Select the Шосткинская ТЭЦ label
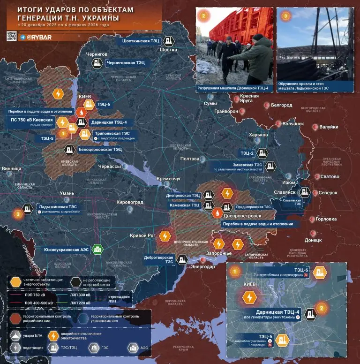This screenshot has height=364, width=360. tap(141, 41)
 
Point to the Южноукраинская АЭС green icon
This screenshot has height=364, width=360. tap(97, 249)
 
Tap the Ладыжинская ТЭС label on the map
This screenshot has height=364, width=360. tap(59, 206)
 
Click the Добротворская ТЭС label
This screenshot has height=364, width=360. tap(159, 260)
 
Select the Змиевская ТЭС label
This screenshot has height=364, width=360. tap(244, 165)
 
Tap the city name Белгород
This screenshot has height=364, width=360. tap(283, 105)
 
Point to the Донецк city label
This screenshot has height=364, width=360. tap(313, 240)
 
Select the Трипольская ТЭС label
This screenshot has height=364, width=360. tap(109, 133)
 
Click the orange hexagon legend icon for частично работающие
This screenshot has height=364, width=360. tap(16, 281)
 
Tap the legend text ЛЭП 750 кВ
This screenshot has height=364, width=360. tap(37, 296)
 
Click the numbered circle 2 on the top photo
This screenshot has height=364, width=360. tap(203, 15)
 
